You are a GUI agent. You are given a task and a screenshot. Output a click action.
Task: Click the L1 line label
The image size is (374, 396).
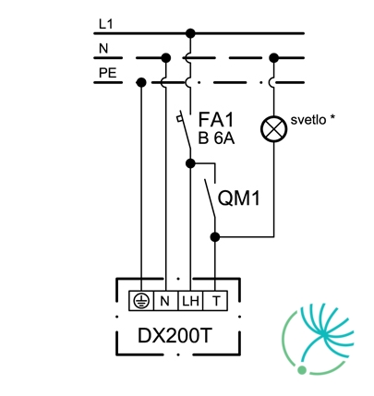click(x=106, y=24)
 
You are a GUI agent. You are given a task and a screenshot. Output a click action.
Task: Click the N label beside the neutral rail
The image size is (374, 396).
click(x=103, y=49)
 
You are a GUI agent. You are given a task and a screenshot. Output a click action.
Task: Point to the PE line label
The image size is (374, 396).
click(x=108, y=73)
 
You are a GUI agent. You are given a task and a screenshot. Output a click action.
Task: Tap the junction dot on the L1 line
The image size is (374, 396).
click(x=190, y=33)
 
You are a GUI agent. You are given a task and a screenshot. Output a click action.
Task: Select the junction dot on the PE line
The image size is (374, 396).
click(x=141, y=82)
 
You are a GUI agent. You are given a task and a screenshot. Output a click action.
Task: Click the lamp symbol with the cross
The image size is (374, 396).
click(x=273, y=129)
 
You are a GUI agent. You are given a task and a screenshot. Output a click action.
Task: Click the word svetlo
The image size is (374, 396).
click(x=308, y=120)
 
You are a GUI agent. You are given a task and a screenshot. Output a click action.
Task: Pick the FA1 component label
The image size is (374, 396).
click(x=216, y=120)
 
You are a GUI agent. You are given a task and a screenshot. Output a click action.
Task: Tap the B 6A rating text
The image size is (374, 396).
click(x=216, y=138)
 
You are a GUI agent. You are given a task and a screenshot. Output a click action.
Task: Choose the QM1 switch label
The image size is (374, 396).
click(x=239, y=198)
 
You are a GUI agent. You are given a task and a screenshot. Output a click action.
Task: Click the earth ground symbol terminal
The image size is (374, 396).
click(x=141, y=301)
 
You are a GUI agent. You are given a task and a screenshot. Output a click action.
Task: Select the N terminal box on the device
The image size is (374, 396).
click(x=165, y=301)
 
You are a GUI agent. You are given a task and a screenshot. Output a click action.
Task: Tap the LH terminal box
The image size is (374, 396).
click(x=190, y=301)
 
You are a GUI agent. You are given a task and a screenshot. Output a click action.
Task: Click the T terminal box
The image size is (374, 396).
click(x=215, y=301)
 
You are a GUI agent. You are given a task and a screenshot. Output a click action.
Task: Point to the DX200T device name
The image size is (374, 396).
click(x=175, y=336)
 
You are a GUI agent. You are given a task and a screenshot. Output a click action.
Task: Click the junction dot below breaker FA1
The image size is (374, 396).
click(x=190, y=163)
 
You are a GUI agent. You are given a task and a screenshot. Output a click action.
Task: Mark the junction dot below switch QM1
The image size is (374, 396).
click(x=215, y=237)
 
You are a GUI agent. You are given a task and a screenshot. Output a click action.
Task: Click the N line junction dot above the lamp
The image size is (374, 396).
click(x=273, y=57)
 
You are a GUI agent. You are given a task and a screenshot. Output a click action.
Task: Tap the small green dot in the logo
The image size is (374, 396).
click(x=302, y=370)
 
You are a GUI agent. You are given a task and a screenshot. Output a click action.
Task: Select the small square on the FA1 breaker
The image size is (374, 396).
click(x=179, y=118)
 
